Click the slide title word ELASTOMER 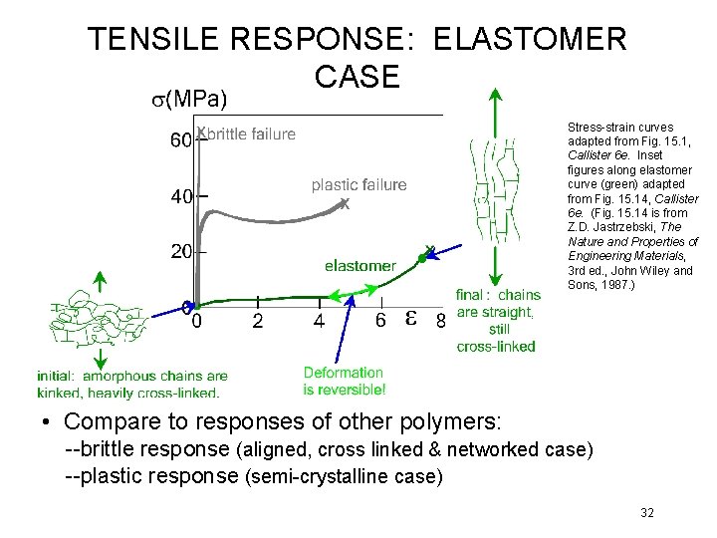(531, 40)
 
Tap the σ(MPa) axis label (182, 99)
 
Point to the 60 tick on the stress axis (181, 142)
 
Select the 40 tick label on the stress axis (181, 197)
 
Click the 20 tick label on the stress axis (181, 252)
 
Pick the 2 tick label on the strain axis (258, 321)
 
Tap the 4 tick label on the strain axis (319, 321)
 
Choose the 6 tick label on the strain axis (380, 321)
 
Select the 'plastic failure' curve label (358, 184)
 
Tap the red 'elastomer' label (360, 266)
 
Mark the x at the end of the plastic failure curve (345, 204)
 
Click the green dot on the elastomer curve (421, 258)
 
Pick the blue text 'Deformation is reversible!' (344, 382)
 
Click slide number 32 (647, 513)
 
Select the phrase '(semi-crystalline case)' (343, 477)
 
